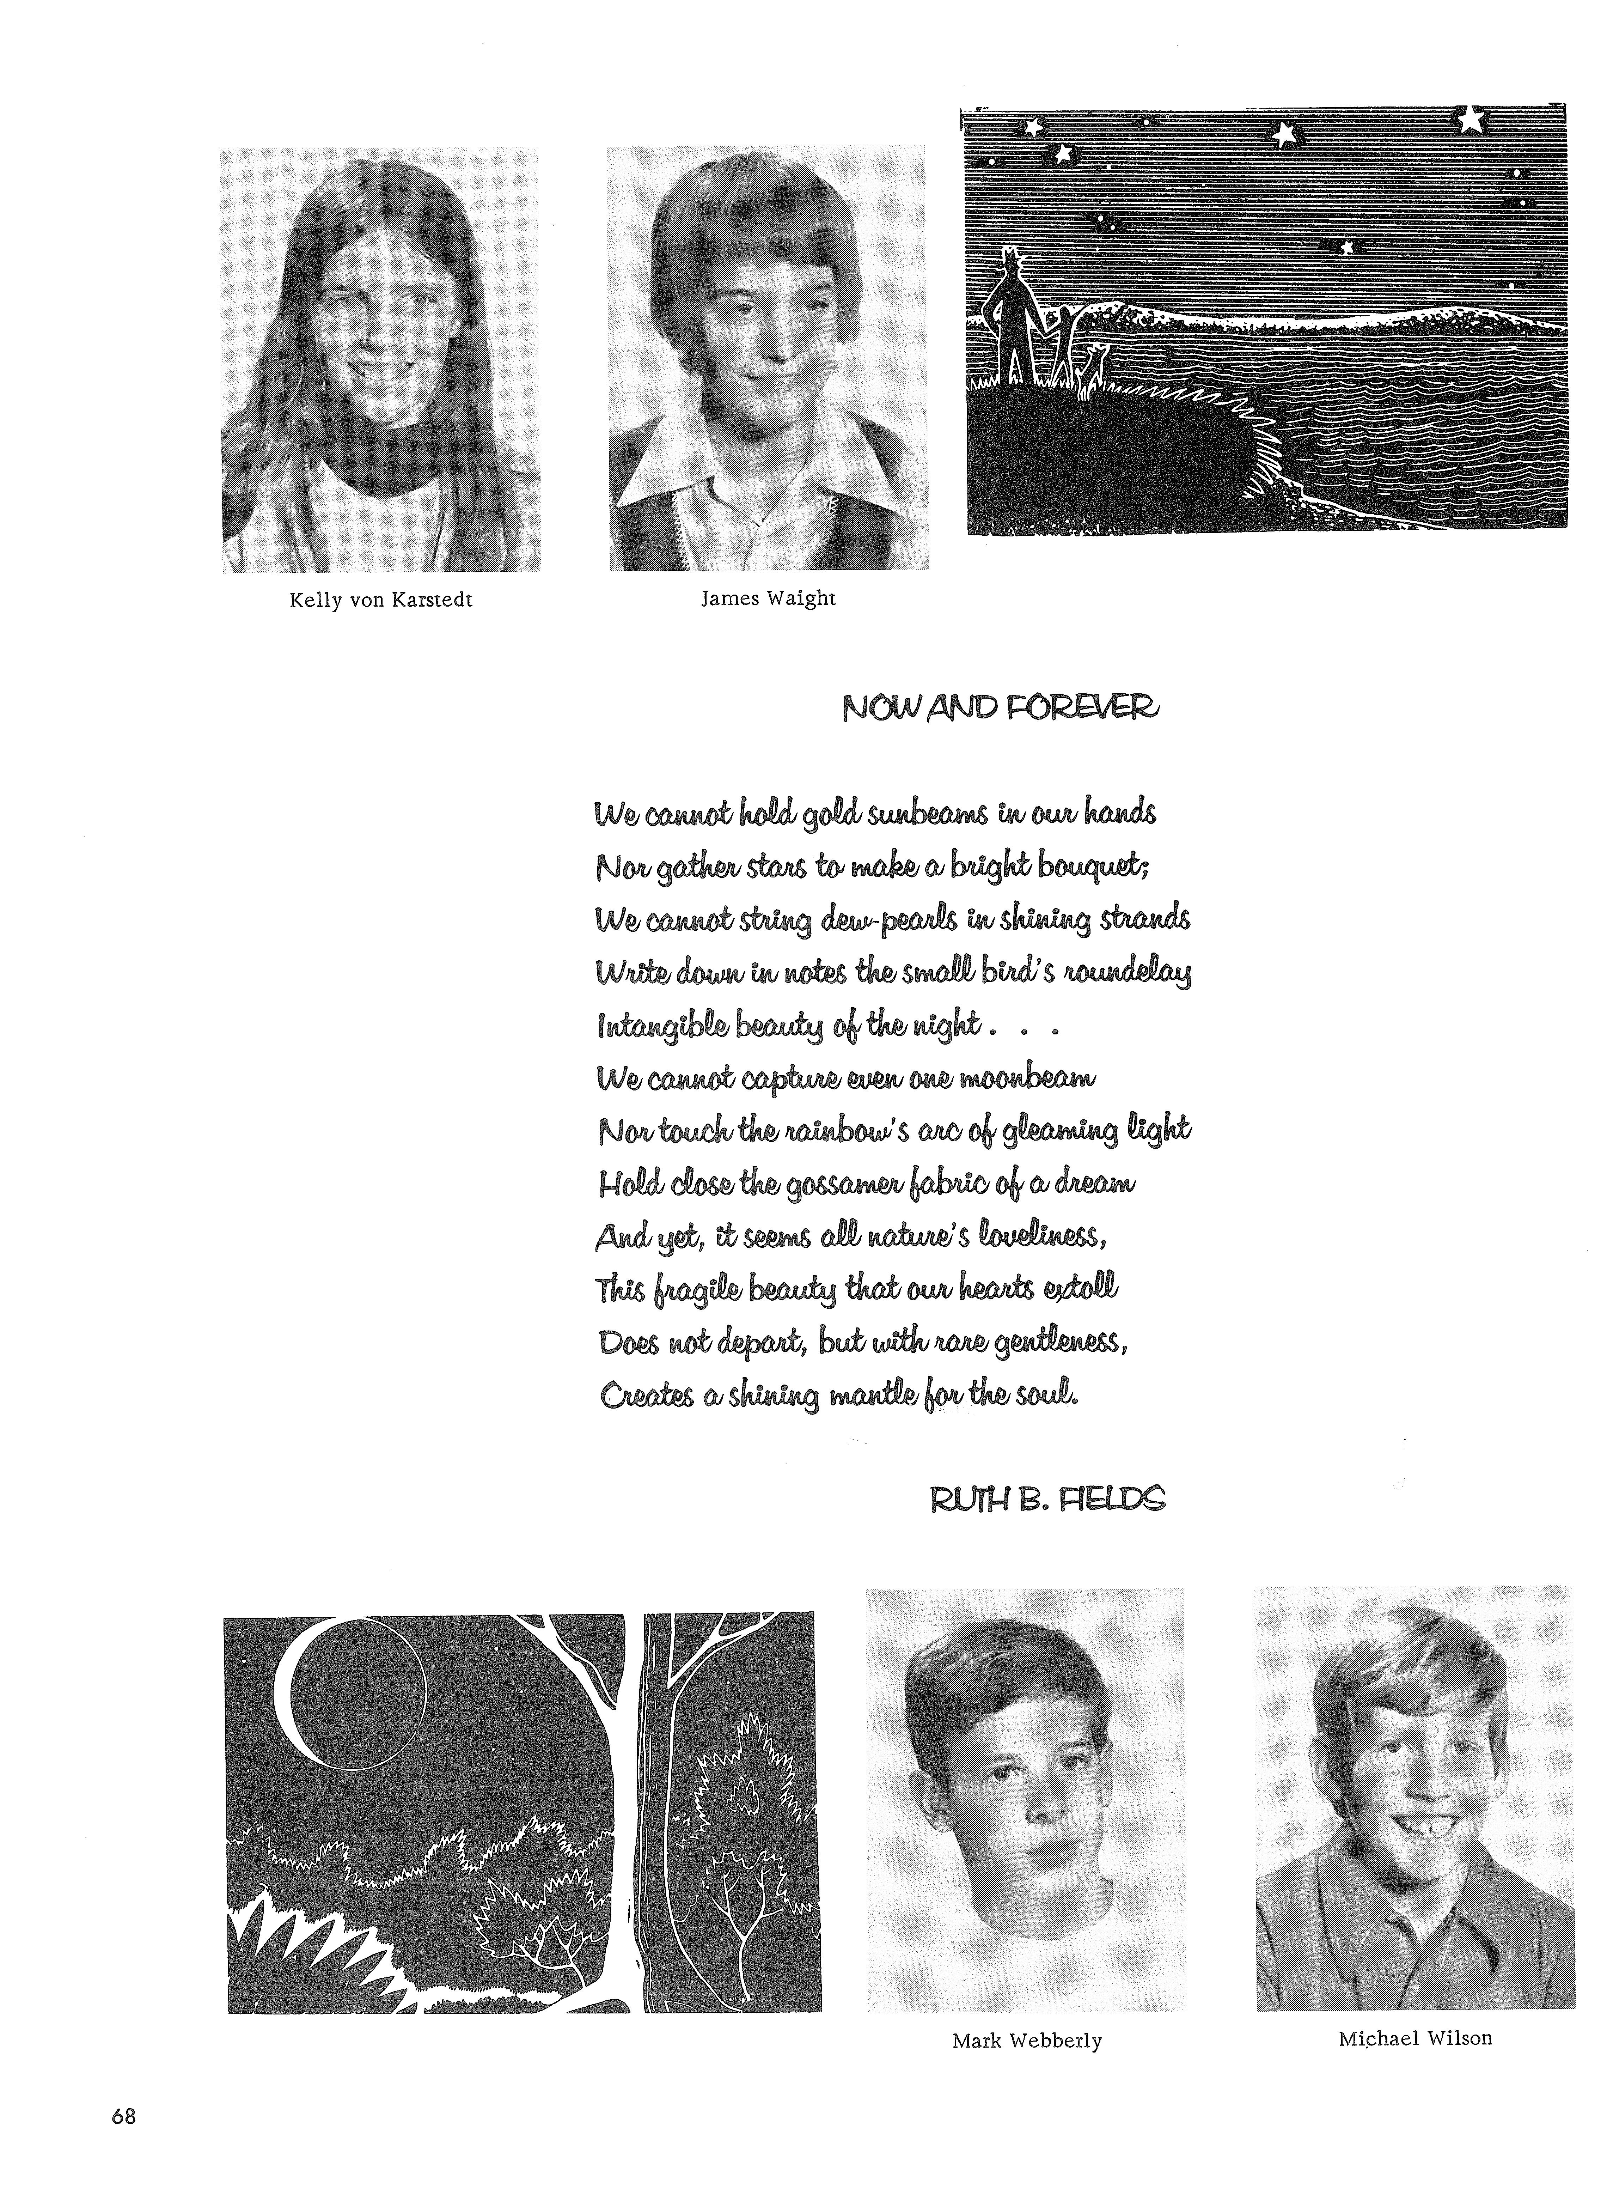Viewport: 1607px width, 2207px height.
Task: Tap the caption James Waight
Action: (x=768, y=598)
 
